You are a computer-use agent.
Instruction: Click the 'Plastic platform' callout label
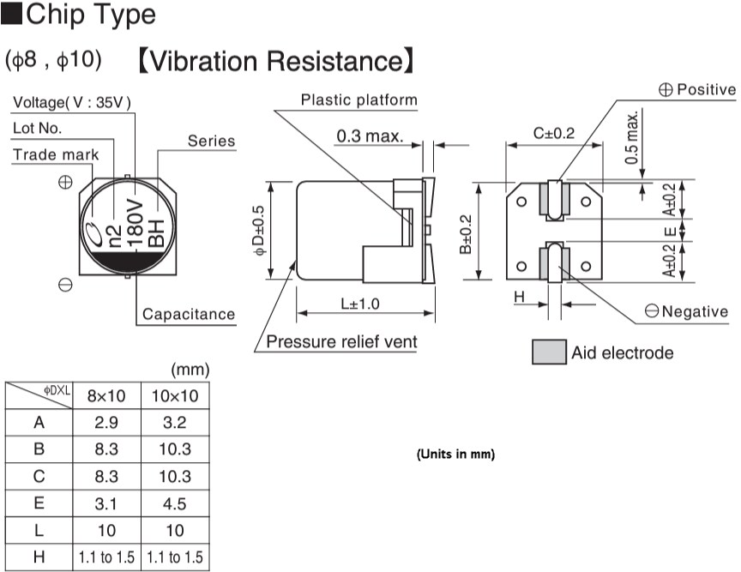click(358, 100)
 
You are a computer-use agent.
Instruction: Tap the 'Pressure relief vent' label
click(341, 342)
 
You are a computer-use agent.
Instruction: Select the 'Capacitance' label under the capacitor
click(188, 314)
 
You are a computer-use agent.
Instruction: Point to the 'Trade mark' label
click(56, 154)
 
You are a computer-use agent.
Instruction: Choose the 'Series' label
click(211, 141)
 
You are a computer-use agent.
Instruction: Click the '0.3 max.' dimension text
click(370, 136)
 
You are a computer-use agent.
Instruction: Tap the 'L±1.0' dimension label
click(359, 304)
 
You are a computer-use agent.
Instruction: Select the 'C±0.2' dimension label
click(554, 133)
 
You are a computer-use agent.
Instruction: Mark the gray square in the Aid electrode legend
click(546, 352)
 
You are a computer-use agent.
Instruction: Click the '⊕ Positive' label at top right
click(696, 89)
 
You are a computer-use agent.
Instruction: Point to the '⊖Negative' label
click(687, 311)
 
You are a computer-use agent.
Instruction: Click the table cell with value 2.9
click(107, 423)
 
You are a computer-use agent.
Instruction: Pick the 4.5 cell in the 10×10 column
click(174, 503)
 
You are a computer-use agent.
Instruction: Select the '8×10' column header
click(107, 396)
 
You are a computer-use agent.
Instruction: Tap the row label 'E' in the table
click(39, 503)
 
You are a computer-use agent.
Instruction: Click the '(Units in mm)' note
click(455, 454)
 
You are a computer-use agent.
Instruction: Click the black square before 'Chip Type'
click(14, 15)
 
